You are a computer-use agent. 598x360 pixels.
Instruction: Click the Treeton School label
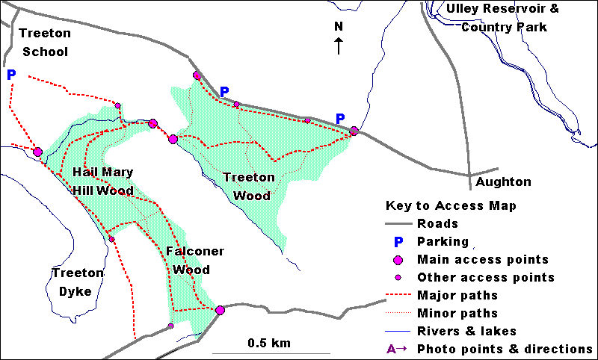click(x=45, y=43)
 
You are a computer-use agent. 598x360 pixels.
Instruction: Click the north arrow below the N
click(x=339, y=46)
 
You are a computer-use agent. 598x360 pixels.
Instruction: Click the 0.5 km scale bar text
click(x=269, y=344)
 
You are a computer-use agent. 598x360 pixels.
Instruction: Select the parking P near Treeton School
click(x=10, y=75)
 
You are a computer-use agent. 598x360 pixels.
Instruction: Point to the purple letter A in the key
click(x=391, y=349)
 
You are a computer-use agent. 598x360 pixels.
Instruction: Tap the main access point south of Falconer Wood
click(x=220, y=310)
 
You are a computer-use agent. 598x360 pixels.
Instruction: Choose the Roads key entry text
click(x=439, y=223)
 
